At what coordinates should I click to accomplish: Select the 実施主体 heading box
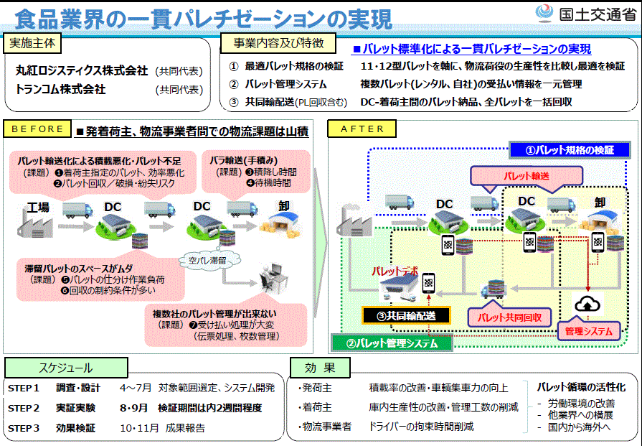[32, 43]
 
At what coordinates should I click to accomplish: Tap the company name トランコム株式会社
[61, 90]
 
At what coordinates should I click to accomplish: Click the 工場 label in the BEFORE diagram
[39, 208]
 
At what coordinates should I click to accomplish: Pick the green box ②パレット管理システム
[392, 343]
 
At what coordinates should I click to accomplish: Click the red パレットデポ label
[394, 273]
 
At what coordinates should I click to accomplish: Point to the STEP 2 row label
[24, 408]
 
